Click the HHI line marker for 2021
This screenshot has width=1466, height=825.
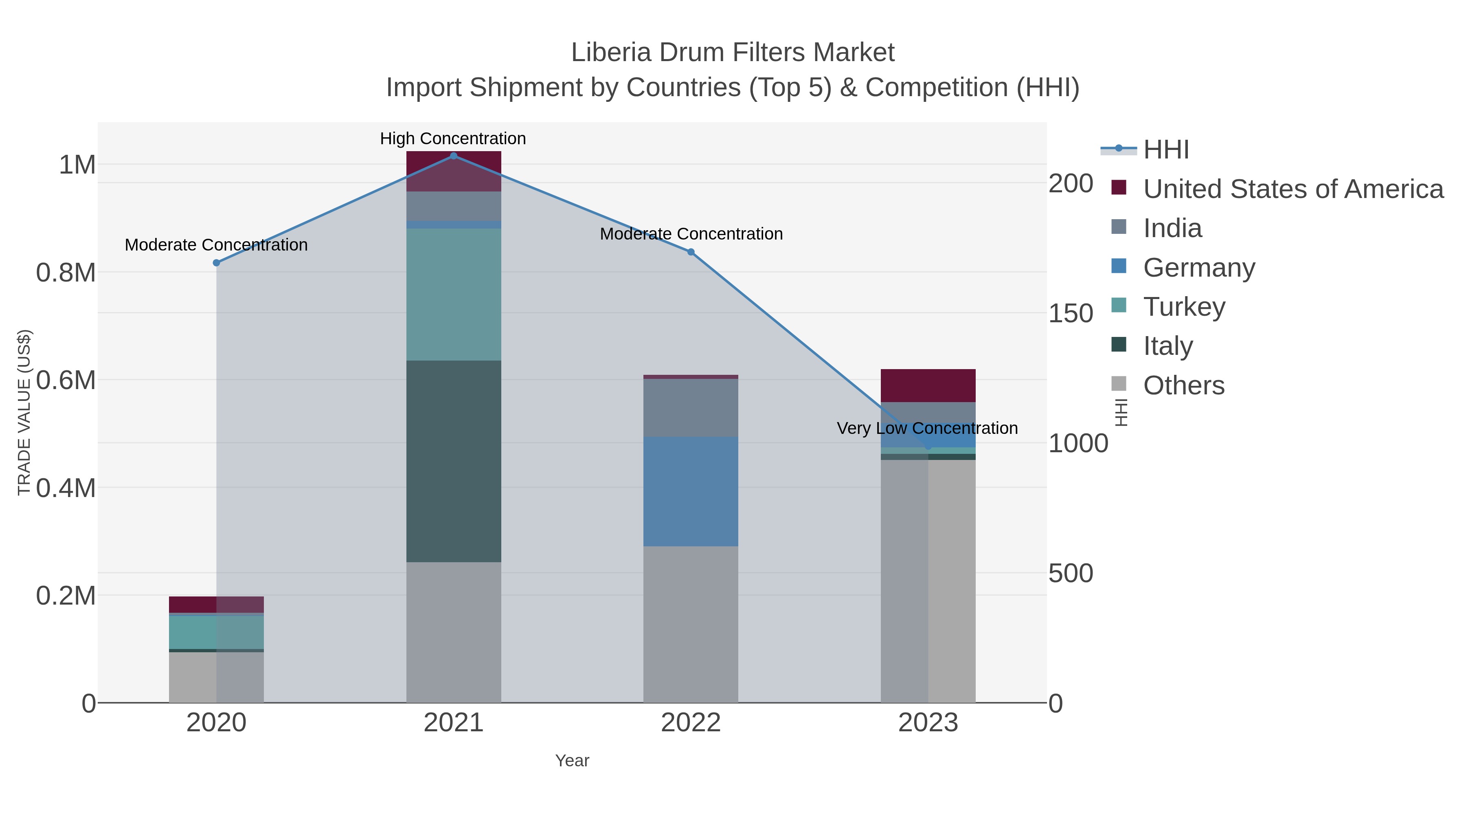pyautogui.click(x=454, y=156)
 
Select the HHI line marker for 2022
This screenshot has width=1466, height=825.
pyautogui.click(x=691, y=252)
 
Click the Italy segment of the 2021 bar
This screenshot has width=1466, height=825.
pyautogui.click(x=454, y=461)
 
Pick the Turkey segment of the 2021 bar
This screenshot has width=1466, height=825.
pyautogui.click(x=454, y=295)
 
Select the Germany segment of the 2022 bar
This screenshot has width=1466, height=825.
pyautogui.click(x=691, y=491)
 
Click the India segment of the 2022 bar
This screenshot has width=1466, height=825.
pyautogui.click(x=691, y=408)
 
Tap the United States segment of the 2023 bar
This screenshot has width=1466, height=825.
pyautogui.click(x=928, y=385)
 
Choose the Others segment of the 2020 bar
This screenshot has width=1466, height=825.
pyautogui.click(x=216, y=677)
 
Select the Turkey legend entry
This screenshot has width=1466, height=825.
pyautogui.click(x=1184, y=307)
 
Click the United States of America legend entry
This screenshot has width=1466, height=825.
pyautogui.click(x=1293, y=189)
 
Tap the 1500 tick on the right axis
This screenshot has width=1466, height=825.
pyautogui.click(x=1071, y=314)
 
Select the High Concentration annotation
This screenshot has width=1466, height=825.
pyautogui.click(x=453, y=139)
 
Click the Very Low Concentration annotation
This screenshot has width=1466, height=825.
pyautogui.click(x=927, y=428)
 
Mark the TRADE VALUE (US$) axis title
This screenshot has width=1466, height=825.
pyautogui.click(x=24, y=412)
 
